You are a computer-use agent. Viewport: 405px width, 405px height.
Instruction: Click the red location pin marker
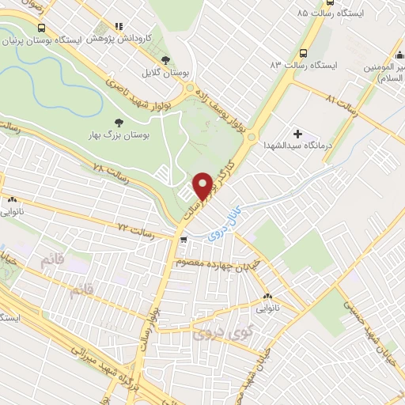click(202, 186)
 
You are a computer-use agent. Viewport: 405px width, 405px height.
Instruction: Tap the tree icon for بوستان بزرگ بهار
click(119, 123)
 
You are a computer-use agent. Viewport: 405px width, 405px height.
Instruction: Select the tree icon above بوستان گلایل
click(165, 60)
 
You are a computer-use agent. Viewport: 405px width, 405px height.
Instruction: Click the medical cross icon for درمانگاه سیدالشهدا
click(297, 134)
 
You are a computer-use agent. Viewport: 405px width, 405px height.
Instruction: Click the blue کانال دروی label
click(226, 223)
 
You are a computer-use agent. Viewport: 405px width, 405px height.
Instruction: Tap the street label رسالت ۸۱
click(343, 101)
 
